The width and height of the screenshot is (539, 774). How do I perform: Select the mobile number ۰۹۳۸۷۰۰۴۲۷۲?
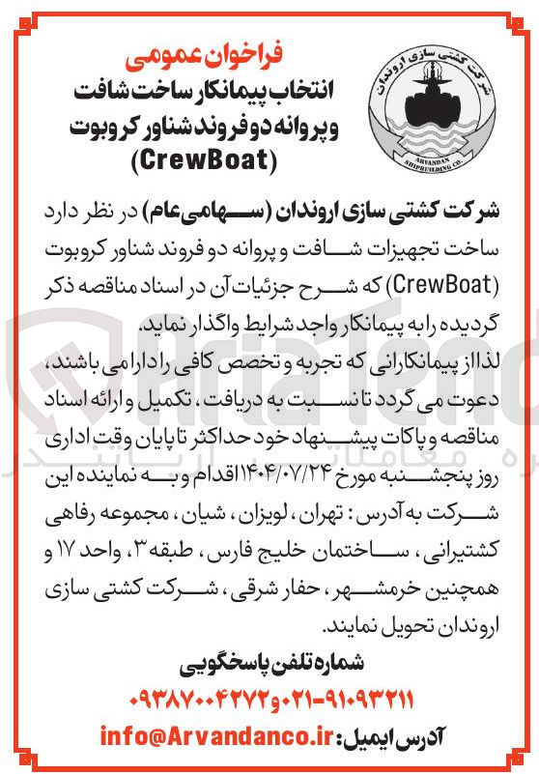point(192,699)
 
